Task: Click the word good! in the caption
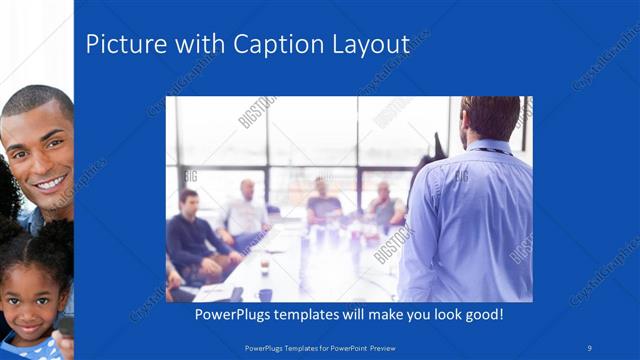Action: [x=482, y=314]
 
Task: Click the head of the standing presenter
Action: [x=490, y=118]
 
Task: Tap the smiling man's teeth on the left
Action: [x=50, y=184]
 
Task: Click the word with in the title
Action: [x=182, y=44]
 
